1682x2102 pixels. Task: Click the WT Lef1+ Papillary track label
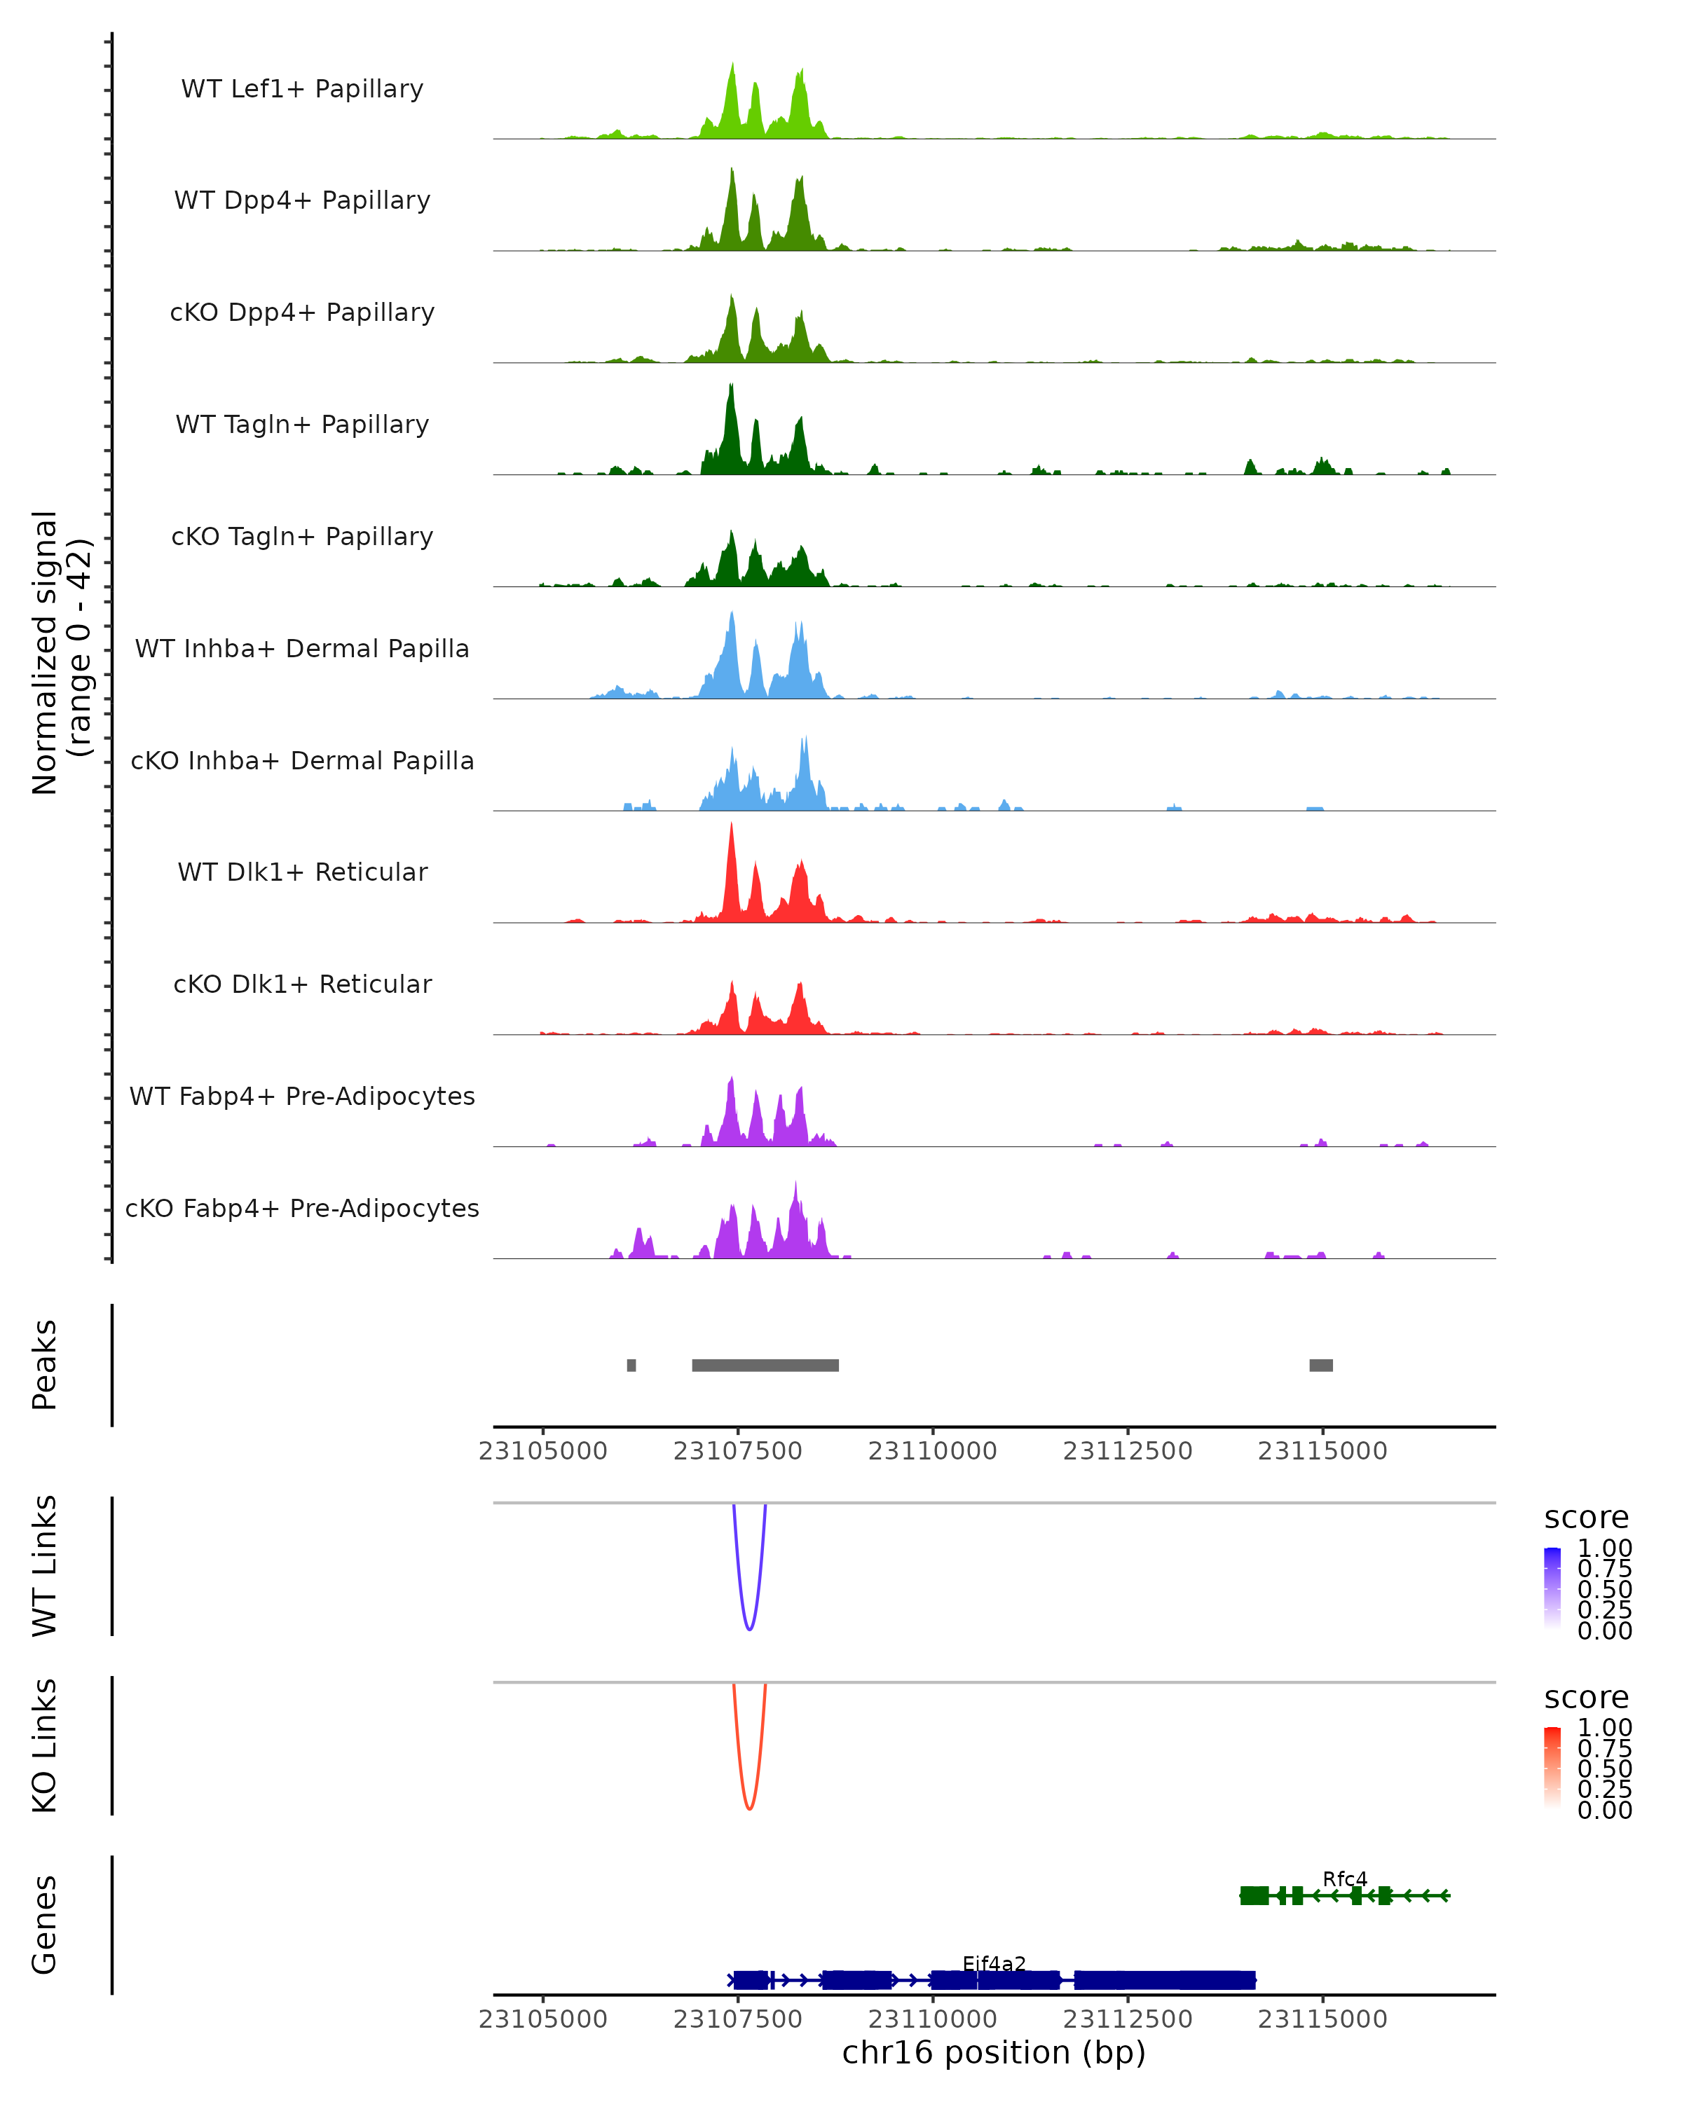(302, 89)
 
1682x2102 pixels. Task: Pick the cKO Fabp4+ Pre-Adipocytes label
(302, 1208)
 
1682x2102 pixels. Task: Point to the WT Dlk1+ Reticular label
(302, 872)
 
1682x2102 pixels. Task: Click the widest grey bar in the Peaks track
(765, 1365)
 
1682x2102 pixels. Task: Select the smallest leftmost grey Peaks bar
(632, 1365)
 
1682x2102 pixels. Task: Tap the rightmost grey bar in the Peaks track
(1321, 1365)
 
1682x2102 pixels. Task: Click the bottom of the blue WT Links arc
(749, 1629)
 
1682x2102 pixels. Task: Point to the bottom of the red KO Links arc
(749, 1808)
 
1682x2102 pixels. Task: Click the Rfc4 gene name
(1345, 1878)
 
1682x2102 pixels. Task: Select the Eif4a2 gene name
(994, 1963)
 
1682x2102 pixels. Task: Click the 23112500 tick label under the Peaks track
(1128, 1451)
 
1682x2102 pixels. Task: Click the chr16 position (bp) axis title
(994, 2053)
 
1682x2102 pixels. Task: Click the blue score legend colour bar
(1553, 1587)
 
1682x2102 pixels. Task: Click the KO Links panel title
(45, 1745)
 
